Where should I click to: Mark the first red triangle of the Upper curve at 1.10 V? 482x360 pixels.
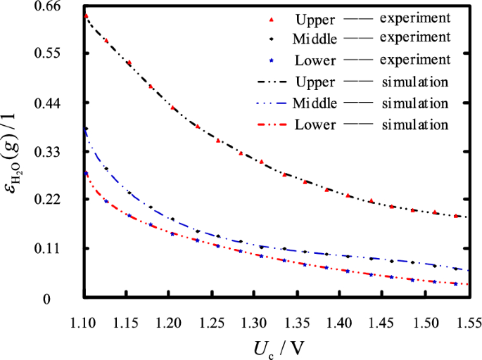point(85,15)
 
